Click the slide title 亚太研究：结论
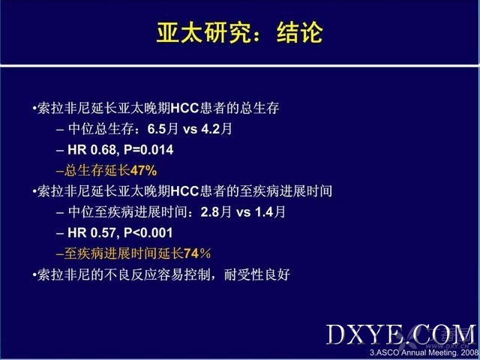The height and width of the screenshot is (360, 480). [x=240, y=32]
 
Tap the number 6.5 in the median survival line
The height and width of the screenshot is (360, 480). [x=157, y=129]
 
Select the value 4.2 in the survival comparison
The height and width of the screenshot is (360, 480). [x=211, y=129]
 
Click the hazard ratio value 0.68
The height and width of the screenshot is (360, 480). [x=103, y=150]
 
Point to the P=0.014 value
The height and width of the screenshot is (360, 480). [x=148, y=150]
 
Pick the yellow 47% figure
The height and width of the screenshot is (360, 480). [x=143, y=170]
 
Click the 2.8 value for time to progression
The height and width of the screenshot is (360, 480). [x=210, y=212]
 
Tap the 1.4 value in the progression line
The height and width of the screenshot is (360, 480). [x=264, y=212]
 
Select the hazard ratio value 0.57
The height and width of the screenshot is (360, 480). [x=103, y=233]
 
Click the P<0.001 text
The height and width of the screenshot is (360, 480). [x=148, y=233]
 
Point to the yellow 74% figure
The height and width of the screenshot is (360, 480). [x=197, y=253]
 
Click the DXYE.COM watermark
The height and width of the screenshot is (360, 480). [x=401, y=334]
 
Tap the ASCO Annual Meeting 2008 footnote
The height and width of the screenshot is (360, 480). [x=424, y=352]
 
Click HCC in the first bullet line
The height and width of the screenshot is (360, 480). [x=185, y=108]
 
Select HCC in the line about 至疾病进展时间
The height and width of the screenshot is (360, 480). [x=185, y=191]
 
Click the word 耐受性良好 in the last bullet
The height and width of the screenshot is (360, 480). [x=257, y=274]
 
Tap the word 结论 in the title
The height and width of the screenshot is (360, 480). [x=300, y=32]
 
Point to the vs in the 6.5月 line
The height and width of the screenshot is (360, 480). [x=190, y=130]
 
